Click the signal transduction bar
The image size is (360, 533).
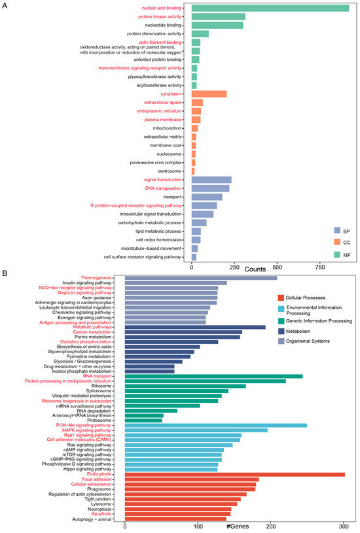[x=211, y=180]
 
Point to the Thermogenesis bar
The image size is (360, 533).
[x=200, y=278]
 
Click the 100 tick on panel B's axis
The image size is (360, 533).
[x=198, y=526]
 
